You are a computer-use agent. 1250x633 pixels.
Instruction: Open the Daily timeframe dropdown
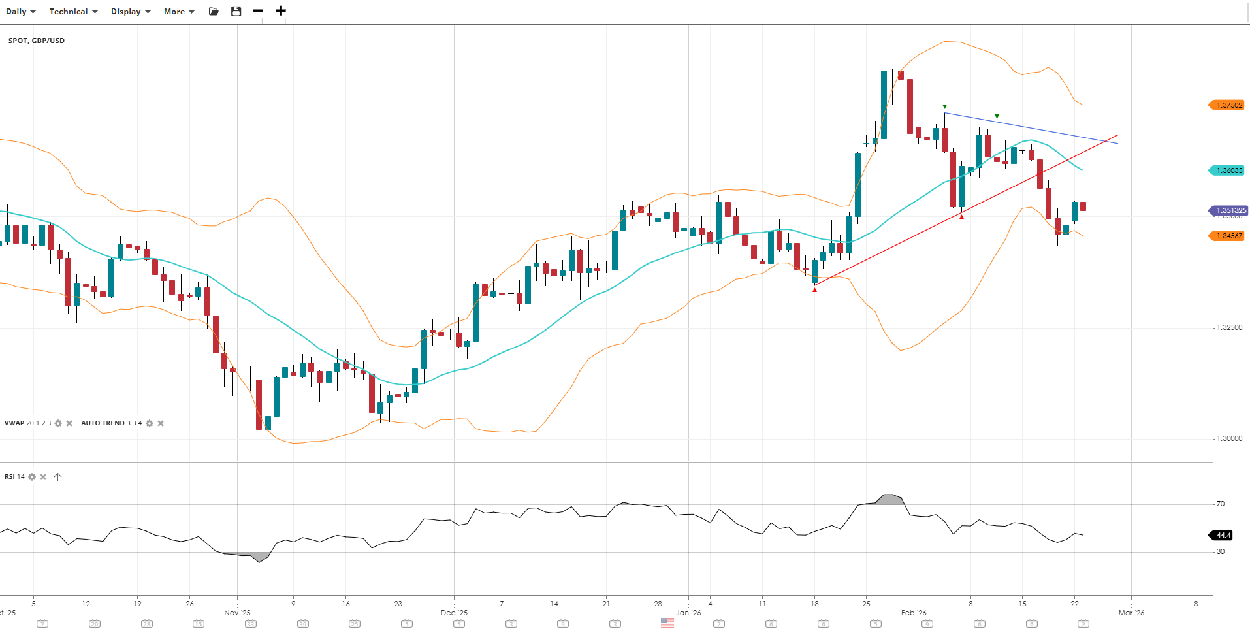(x=20, y=12)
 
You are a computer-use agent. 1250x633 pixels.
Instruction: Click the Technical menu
(x=73, y=12)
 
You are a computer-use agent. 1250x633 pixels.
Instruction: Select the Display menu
(x=131, y=12)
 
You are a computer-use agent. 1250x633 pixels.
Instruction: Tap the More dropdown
(x=179, y=12)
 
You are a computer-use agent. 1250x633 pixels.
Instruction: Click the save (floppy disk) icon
(x=236, y=11)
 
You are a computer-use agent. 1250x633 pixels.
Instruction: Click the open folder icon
(x=214, y=11)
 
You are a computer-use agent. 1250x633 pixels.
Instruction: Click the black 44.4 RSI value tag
(x=1223, y=535)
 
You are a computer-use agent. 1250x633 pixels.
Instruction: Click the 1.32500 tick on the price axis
(x=1228, y=327)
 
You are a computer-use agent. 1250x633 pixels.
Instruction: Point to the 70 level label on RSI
(x=1220, y=504)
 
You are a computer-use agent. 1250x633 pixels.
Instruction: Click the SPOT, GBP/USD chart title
(x=37, y=41)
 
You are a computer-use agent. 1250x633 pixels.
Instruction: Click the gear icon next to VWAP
(x=58, y=423)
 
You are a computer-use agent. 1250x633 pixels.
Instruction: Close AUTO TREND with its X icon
(x=161, y=423)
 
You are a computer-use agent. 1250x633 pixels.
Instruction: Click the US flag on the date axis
(x=667, y=623)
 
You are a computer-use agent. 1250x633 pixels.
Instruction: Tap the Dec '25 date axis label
(x=454, y=613)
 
